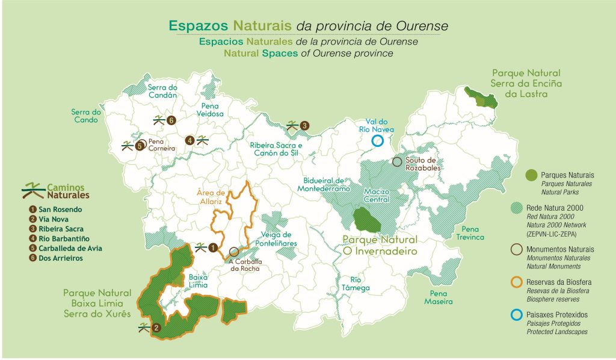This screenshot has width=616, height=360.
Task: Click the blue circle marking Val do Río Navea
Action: (377, 141)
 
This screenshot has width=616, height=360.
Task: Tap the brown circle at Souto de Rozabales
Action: (397, 161)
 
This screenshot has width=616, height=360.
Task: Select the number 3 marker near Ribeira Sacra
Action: (305, 126)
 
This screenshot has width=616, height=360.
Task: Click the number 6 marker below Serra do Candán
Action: (171, 120)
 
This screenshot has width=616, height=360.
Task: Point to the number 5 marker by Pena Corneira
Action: (140, 146)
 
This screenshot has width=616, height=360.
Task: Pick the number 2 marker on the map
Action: (156, 328)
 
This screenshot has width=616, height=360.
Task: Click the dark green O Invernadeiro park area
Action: (366, 220)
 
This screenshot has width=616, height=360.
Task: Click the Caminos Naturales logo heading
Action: (55, 191)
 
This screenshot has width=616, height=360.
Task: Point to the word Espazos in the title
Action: (199, 26)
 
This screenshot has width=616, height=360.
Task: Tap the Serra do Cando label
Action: (86, 116)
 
